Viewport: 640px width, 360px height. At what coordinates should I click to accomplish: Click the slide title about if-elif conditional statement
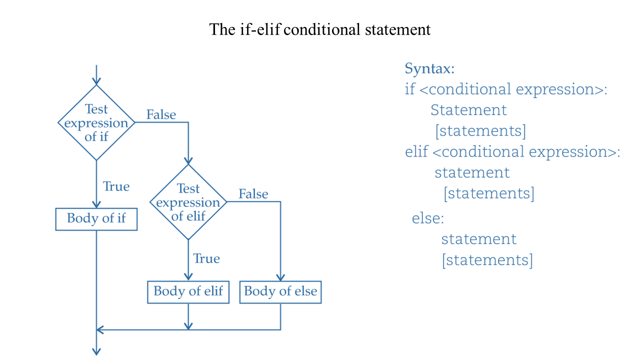click(320, 29)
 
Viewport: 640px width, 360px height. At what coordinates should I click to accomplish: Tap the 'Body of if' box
click(96, 219)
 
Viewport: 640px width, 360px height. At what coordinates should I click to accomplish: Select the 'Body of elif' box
click(188, 291)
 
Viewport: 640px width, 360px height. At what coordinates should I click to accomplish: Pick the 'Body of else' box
click(280, 291)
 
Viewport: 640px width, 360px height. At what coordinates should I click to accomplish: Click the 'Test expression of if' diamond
click(96, 122)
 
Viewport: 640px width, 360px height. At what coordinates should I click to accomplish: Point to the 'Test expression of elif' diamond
click(188, 202)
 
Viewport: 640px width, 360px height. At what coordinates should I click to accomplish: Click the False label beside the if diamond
click(161, 114)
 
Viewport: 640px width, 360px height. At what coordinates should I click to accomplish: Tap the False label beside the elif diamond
click(253, 194)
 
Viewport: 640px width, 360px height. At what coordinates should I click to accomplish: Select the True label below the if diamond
click(116, 186)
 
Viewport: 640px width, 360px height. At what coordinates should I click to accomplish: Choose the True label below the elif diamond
click(206, 258)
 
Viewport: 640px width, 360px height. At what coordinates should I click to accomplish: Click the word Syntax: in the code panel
click(429, 68)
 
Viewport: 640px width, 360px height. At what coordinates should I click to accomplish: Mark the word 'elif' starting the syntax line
click(416, 151)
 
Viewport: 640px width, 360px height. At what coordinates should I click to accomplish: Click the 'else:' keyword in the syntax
click(428, 218)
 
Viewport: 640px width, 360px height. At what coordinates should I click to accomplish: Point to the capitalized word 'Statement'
click(468, 109)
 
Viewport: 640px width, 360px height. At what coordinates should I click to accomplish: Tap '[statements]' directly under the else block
click(487, 260)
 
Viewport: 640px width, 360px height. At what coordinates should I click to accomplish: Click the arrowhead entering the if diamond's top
click(96, 81)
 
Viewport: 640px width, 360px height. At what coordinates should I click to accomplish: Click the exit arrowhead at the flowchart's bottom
click(96, 351)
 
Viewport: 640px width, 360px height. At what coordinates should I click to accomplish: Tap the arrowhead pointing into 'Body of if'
click(96, 204)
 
